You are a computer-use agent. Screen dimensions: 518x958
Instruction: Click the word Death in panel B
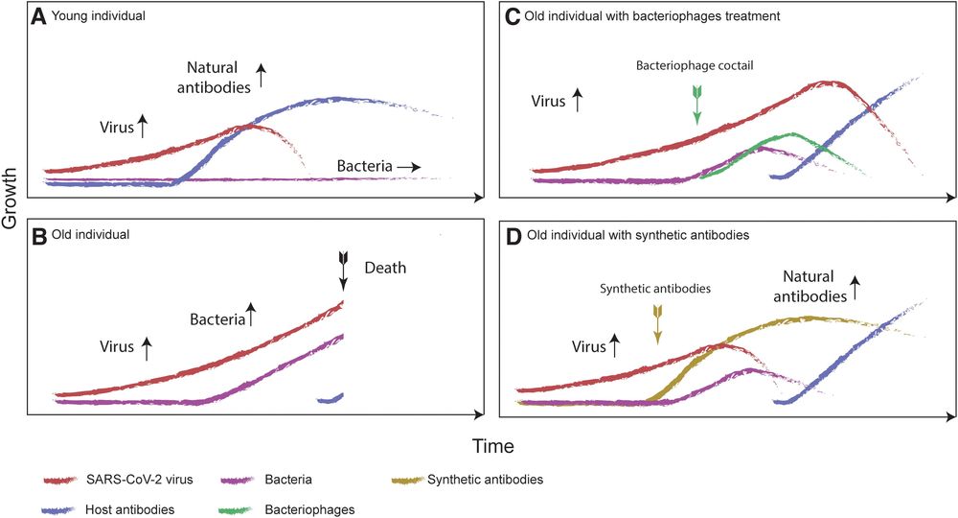click(386, 269)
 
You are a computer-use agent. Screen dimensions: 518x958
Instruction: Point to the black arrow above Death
click(343, 270)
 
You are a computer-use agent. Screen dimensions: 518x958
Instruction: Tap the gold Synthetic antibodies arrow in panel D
click(657, 321)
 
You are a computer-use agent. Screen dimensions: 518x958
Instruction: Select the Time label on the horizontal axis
click(492, 446)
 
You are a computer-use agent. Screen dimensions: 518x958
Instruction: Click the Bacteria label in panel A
click(364, 166)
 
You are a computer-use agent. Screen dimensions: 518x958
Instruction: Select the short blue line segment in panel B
click(330, 397)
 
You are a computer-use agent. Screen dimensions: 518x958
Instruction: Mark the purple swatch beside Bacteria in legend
click(240, 478)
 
